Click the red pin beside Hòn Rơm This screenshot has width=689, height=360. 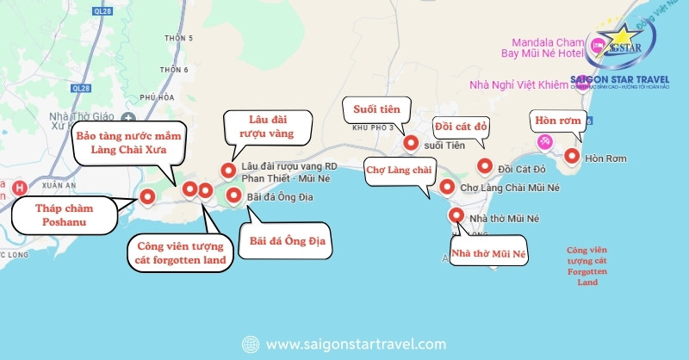tap(571, 156)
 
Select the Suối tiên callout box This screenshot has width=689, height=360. tap(376, 109)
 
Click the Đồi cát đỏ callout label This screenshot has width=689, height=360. tap(461, 127)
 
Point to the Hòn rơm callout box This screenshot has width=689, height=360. tap(558, 120)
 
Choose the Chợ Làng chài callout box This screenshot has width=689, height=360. tap(398, 170)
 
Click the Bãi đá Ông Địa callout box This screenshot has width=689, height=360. tap(283, 239)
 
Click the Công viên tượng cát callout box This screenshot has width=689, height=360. tap(180, 252)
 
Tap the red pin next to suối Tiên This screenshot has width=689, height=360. tap(411, 144)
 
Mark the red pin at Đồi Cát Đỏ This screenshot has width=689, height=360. tap(484, 166)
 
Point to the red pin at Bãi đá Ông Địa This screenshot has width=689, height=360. tap(233, 196)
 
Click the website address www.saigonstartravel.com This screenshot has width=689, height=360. tap(356, 344)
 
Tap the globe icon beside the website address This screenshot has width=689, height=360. tap(251, 344)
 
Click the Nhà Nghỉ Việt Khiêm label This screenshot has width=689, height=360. tap(519, 84)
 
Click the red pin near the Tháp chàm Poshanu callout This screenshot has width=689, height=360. tap(146, 196)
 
